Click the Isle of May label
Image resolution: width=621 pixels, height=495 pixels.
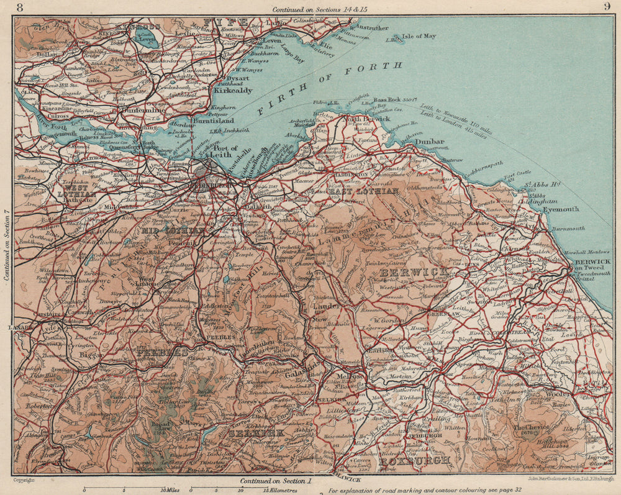tap(419, 37)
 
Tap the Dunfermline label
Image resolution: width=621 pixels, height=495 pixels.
tap(147, 111)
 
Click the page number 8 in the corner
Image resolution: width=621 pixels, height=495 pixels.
tap(21, 7)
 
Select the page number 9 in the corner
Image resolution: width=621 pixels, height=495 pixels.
tap(606, 7)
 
